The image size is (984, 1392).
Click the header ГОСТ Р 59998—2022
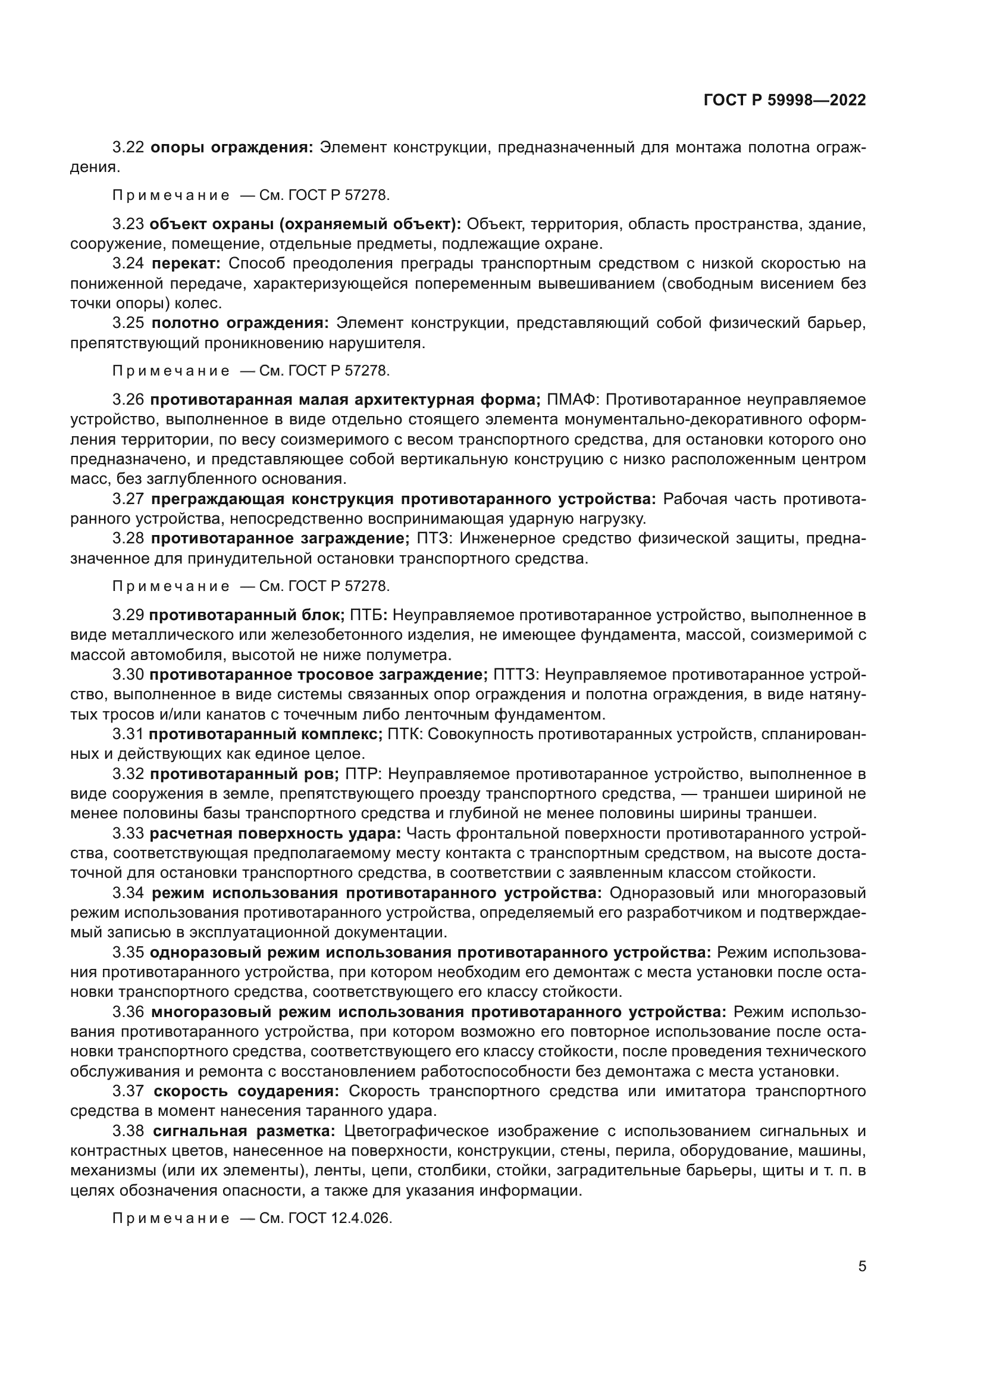tap(785, 101)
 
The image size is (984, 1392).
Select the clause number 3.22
tap(128, 148)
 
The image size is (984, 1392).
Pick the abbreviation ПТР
tap(362, 774)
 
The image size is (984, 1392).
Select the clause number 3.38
tap(128, 1131)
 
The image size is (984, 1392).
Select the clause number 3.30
tap(128, 674)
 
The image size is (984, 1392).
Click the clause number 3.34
tap(128, 893)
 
